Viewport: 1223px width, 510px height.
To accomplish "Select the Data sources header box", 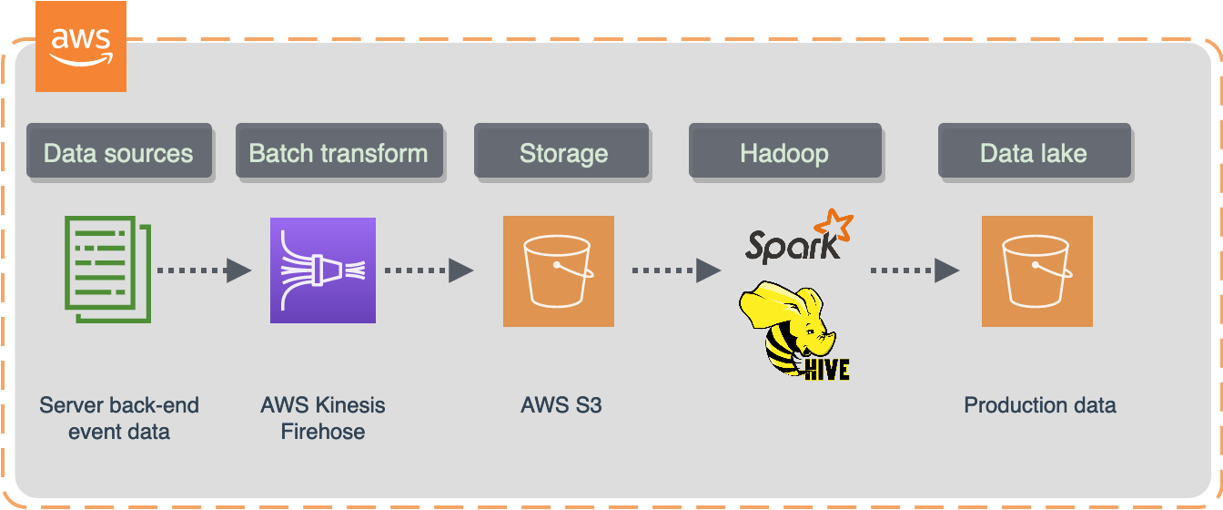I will point(118,151).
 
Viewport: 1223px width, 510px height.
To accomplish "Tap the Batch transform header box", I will point(339,151).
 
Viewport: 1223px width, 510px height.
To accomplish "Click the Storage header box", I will point(562,151).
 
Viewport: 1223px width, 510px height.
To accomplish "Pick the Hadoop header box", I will point(784,151).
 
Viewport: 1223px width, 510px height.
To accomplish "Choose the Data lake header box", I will point(1034,151).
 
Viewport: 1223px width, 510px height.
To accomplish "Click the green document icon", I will point(107,270).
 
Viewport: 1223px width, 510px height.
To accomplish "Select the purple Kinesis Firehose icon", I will point(323,270).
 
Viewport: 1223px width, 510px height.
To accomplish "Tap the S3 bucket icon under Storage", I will point(559,270).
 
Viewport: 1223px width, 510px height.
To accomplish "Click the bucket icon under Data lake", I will point(1036,270).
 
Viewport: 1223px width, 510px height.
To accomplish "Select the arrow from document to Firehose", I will point(203,270).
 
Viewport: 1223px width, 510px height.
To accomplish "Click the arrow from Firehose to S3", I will point(429,270).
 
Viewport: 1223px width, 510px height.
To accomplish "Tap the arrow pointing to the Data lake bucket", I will point(915,270).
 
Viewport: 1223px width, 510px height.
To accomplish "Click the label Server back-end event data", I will point(118,418).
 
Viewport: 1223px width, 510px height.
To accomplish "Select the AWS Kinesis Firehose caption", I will point(322,418).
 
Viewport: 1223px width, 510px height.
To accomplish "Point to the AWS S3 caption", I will point(560,405).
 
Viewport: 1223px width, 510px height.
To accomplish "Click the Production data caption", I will point(1039,405).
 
